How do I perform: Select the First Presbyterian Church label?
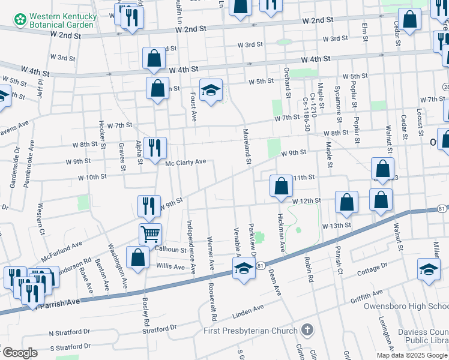[x=250, y=331]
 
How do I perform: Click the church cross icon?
[x=307, y=329]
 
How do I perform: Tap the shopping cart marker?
[x=150, y=233]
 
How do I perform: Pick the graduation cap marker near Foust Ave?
[x=211, y=91]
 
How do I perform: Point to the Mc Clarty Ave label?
[x=185, y=162]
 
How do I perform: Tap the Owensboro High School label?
[x=406, y=305]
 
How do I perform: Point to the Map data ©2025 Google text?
[x=412, y=355]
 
